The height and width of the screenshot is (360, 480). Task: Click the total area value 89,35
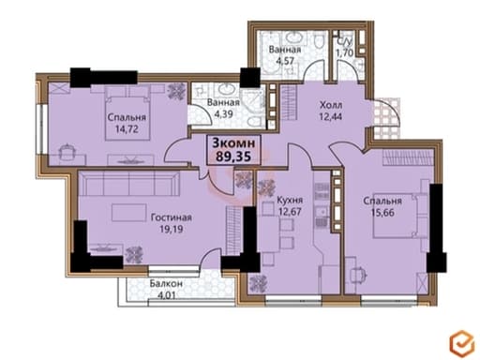(x=233, y=156)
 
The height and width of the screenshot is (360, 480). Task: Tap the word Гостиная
(x=172, y=217)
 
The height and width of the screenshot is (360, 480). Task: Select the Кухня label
(x=290, y=200)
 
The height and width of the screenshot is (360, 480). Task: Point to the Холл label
(x=331, y=105)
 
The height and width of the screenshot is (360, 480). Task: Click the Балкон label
(x=166, y=283)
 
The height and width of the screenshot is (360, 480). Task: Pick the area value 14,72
(x=127, y=129)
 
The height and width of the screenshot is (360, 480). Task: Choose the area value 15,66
(x=382, y=213)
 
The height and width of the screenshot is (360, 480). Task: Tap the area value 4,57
(x=285, y=60)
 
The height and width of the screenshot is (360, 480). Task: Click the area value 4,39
(x=223, y=113)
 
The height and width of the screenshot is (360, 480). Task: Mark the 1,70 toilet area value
(x=344, y=52)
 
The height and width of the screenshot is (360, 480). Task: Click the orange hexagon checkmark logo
(x=462, y=343)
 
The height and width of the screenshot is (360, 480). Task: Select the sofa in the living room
(x=128, y=184)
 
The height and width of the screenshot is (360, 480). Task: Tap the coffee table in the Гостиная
(x=129, y=213)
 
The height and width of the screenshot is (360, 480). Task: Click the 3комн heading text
(x=233, y=143)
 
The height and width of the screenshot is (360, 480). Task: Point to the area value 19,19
(x=172, y=229)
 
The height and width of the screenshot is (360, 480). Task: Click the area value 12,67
(x=290, y=212)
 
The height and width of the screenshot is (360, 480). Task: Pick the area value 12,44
(x=331, y=116)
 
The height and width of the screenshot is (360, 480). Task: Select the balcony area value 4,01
(x=166, y=295)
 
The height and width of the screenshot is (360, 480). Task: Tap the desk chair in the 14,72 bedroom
(x=67, y=152)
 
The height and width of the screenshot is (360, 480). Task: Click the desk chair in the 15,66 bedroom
(x=358, y=275)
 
